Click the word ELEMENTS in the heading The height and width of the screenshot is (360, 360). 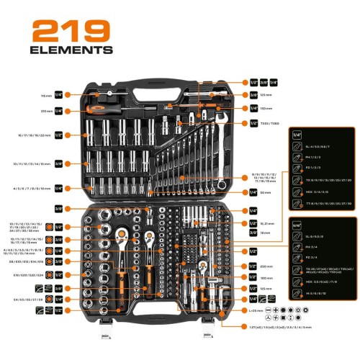pos(72,50)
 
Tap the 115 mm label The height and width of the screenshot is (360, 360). pos(47,94)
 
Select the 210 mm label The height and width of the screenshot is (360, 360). pos(47,111)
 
